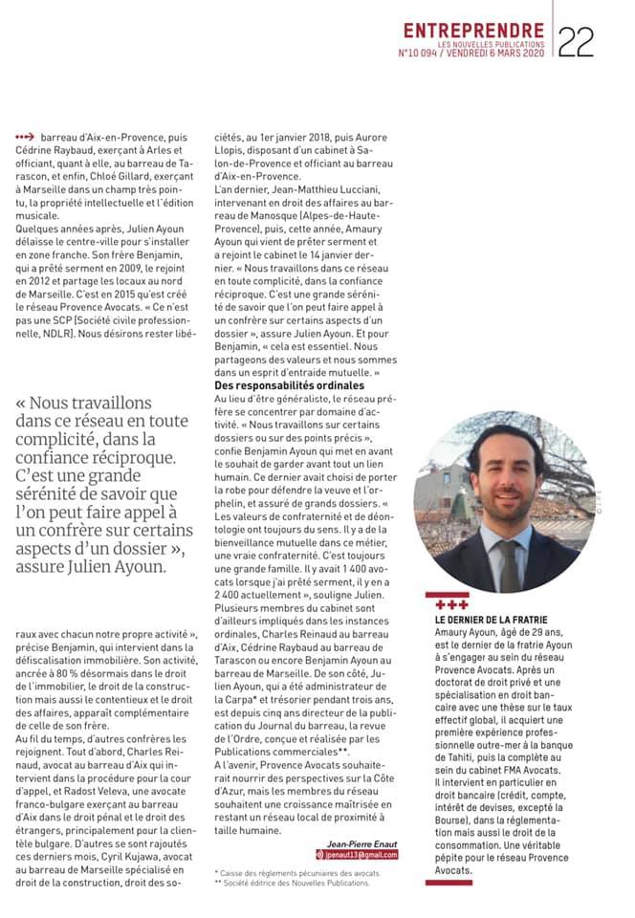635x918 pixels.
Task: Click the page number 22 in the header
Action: [x=576, y=40]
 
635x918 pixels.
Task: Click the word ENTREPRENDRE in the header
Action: [x=473, y=31]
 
